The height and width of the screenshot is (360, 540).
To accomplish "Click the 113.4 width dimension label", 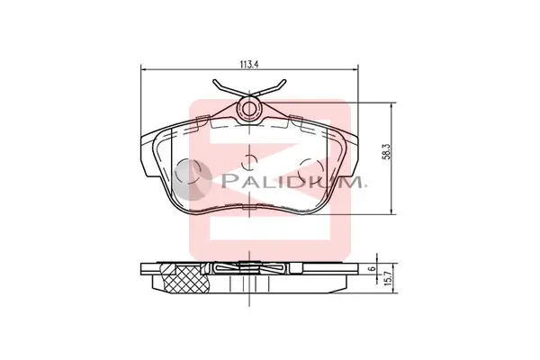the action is click(248, 65).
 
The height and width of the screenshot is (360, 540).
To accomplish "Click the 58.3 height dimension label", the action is click(387, 152).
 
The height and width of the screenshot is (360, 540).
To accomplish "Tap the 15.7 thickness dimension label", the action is click(387, 278).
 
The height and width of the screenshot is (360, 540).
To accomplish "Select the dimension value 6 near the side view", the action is click(371, 268).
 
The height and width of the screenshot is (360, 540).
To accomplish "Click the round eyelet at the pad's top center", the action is click(249, 109).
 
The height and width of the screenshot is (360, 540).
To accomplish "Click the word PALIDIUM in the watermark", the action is click(292, 181).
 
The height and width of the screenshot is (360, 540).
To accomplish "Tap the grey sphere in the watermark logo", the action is click(192, 181).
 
